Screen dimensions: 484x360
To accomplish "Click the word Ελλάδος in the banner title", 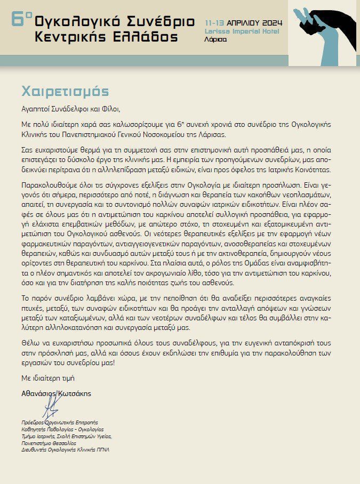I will click(x=148, y=38).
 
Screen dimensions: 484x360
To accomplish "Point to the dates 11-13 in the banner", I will click(x=215, y=23).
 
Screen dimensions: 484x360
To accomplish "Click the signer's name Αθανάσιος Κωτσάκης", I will click(x=56, y=393).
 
